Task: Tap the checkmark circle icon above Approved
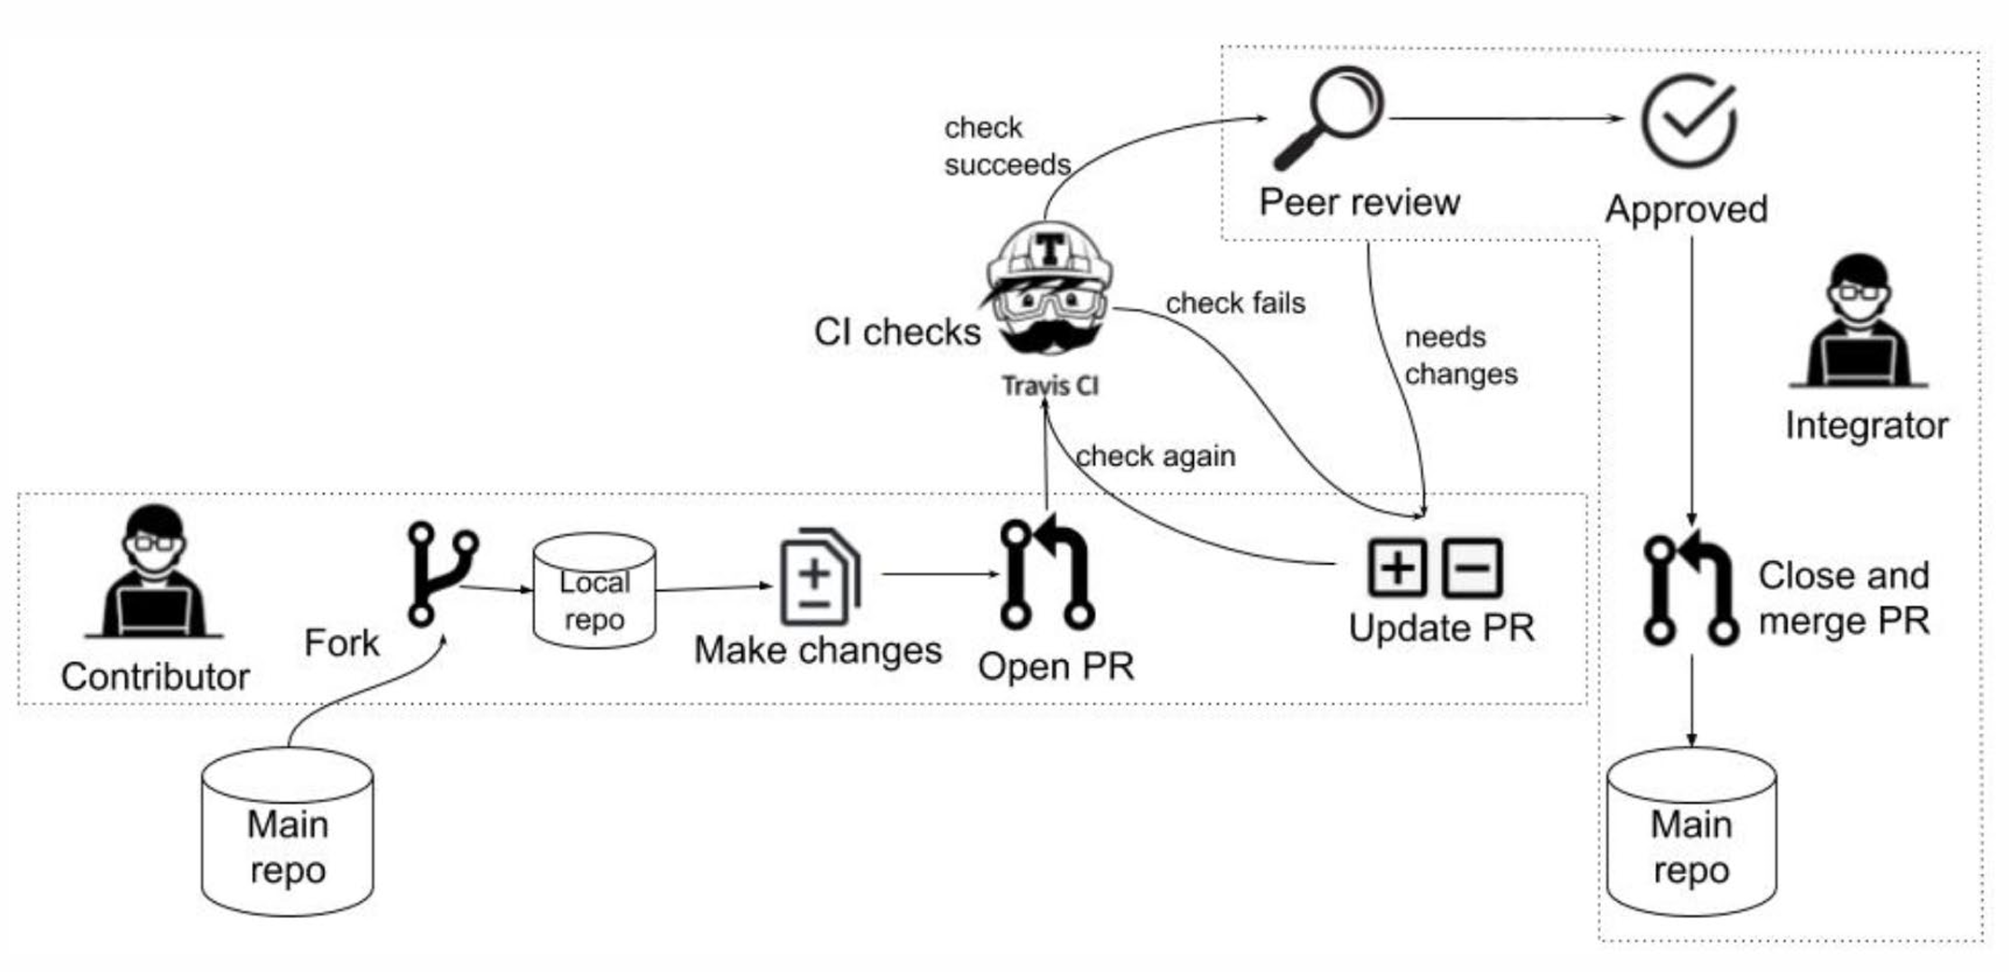point(1688,122)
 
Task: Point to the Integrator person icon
point(1859,322)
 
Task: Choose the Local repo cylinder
point(594,590)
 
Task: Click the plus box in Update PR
point(1397,568)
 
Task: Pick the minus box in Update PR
point(1472,568)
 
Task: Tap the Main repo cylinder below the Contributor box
point(288,831)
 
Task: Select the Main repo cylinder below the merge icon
point(1691,831)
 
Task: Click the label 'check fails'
point(1235,303)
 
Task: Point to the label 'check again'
point(1156,457)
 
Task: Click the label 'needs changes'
point(1460,356)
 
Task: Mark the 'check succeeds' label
point(1006,147)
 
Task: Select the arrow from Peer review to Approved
point(1505,119)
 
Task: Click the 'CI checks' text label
point(897,332)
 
